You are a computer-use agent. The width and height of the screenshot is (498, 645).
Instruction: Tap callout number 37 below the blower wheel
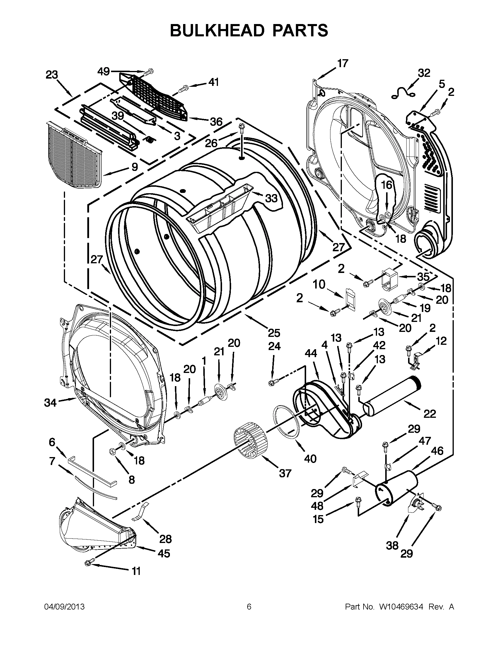point(285,473)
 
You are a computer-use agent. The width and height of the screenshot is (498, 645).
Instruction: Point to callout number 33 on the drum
point(271,198)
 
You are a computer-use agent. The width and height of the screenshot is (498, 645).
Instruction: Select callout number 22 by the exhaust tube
point(429,414)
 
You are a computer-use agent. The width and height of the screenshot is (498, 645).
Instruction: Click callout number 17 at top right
point(342,63)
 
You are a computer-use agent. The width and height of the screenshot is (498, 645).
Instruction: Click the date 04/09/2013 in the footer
point(64,607)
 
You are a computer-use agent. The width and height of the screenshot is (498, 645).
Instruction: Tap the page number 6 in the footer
point(249,607)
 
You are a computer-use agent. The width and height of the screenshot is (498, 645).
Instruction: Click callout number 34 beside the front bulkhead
point(50,402)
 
